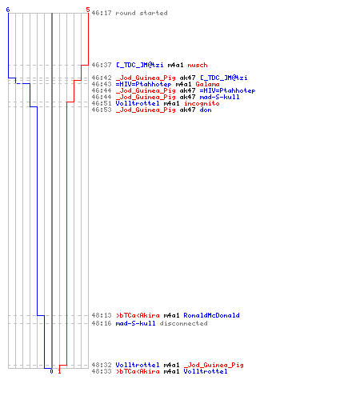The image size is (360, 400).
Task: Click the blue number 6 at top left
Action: pyautogui.click(x=8, y=10)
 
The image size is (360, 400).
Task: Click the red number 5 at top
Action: pyautogui.click(x=88, y=10)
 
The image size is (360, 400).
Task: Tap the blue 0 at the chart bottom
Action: pyautogui.click(x=51, y=371)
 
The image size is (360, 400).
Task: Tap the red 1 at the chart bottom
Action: pyautogui.click(x=59, y=371)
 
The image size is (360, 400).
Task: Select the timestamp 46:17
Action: pyautogui.click(x=102, y=13)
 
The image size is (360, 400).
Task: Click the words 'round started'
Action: pyautogui.click(x=142, y=13)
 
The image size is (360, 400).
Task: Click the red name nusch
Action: pyautogui.click(x=198, y=65)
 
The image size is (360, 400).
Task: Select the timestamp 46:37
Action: pyautogui.click(x=102, y=65)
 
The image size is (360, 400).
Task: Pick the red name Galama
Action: pyautogui.click(x=207, y=84)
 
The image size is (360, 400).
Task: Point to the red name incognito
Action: pyautogui.click(x=202, y=103)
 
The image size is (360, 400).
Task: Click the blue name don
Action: pyautogui.click(x=206, y=110)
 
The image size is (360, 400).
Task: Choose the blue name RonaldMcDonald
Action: pyautogui.click(x=211, y=315)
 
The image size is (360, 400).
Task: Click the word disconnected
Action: pyautogui.click(x=183, y=323)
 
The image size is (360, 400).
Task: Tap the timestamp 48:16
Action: pyautogui.click(x=102, y=323)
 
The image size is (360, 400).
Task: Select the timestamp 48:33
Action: pyautogui.click(x=102, y=371)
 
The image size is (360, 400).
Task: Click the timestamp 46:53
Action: pyautogui.click(x=102, y=110)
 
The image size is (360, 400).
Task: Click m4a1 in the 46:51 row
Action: pyautogui.click(x=172, y=103)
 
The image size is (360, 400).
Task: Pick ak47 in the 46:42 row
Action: pyautogui.click(x=187, y=78)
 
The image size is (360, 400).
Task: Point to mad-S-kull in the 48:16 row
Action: pyautogui.click(x=135, y=323)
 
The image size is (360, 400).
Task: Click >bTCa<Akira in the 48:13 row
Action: pyautogui.click(x=138, y=315)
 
